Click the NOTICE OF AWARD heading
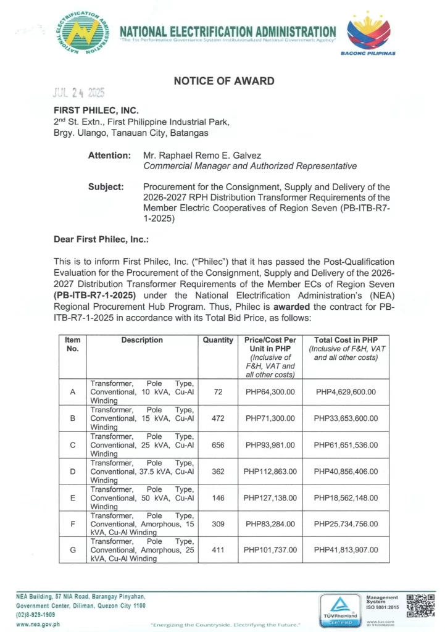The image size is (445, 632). pyautogui.click(x=224, y=81)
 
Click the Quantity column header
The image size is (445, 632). pyautogui.click(x=218, y=340)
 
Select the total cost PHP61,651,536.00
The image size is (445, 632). pyautogui.click(x=345, y=445)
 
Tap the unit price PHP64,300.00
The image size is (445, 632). pyautogui.click(x=270, y=392)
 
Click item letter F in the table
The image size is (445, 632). pyautogui.click(x=73, y=524)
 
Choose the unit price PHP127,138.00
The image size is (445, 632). pyautogui.click(x=270, y=497)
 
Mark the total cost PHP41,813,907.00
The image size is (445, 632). pyautogui.click(x=345, y=550)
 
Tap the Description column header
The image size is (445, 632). pyautogui.click(x=143, y=340)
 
